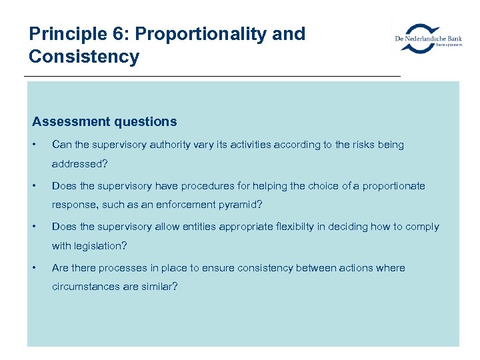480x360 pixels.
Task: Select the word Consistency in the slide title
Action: [x=84, y=57]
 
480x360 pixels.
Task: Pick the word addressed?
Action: [x=80, y=163]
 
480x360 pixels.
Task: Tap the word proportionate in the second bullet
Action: [x=393, y=186]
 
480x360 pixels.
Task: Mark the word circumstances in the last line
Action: [x=86, y=287]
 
